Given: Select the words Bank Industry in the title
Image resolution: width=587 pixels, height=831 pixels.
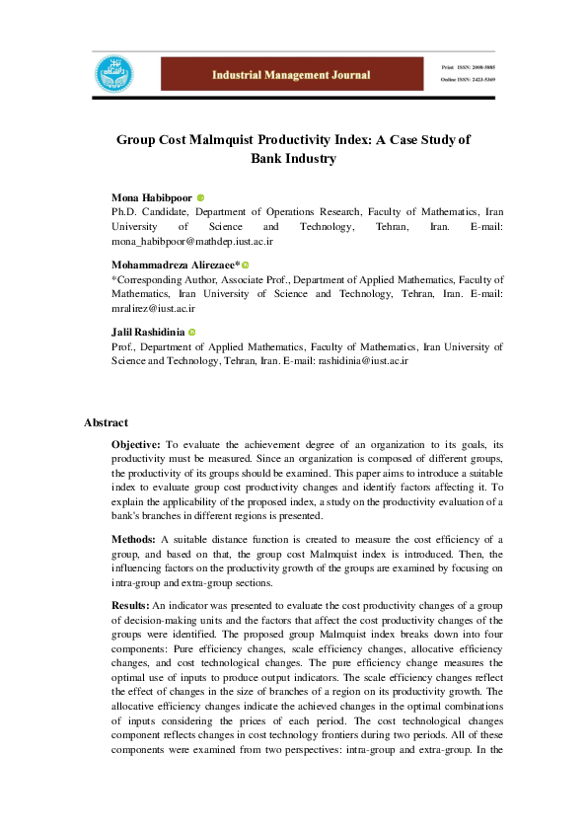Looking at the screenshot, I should [x=293, y=158].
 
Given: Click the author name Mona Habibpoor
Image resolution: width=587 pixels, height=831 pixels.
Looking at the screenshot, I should [x=152, y=198].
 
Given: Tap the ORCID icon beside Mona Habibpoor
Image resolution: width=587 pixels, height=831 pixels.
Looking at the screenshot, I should [x=200, y=198].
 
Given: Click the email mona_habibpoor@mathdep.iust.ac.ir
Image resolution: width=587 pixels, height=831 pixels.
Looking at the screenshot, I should [x=192, y=241].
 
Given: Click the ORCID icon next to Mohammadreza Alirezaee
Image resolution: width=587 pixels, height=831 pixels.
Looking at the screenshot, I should [x=246, y=265].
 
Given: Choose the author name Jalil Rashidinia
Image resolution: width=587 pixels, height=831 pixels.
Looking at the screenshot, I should [x=148, y=333].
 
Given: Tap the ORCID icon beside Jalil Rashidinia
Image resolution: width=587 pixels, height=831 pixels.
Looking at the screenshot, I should [x=192, y=333].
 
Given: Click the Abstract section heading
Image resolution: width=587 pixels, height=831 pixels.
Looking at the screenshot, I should [x=106, y=422].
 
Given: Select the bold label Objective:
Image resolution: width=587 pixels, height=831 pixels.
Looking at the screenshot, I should [x=136, y=446].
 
